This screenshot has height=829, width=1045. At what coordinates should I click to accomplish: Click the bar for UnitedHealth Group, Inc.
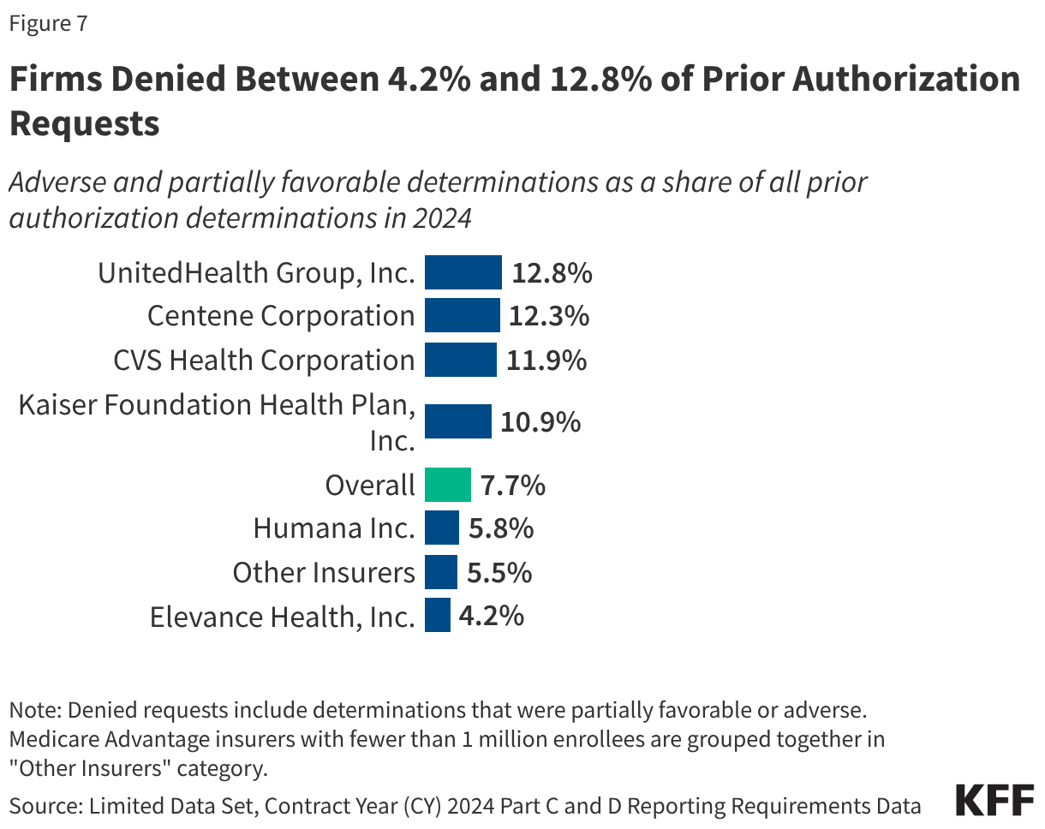(463, 272)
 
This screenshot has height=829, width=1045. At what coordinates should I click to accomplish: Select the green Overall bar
(448, 485)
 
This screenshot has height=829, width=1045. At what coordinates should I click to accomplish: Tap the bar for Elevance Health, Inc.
(438, 615)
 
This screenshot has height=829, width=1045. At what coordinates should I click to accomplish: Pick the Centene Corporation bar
(462, 315)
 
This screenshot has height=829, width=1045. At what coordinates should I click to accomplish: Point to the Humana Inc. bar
(442, 528)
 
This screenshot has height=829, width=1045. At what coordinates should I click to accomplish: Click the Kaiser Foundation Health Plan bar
(458, 421)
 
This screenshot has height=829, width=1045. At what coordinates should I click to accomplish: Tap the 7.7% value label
(512, 486)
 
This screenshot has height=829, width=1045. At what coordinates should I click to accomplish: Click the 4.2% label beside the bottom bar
(491, 616)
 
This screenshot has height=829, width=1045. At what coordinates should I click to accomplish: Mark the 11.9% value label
(546, 360)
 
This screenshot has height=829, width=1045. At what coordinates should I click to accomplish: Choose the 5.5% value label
(499, 572)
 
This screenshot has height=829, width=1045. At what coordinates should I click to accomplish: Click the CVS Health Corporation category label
(264, 360)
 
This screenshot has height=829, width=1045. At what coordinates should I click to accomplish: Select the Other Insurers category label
(324, 572)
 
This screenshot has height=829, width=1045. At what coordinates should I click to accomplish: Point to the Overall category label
(369, 486)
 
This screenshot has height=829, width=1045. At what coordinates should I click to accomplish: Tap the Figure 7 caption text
(48, 24)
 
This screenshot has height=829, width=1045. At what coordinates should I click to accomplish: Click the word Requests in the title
(84, 124)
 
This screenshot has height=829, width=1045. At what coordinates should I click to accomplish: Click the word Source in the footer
(38, 805)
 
